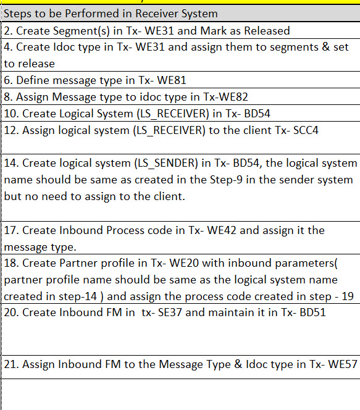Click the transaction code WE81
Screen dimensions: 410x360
(172, 80)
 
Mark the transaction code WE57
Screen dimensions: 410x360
(342, 364)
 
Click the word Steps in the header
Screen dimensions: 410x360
(19, 13)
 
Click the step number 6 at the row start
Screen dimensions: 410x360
(7, 80)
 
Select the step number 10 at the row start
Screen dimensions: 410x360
(10, 113)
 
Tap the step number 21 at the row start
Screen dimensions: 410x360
(10, 364)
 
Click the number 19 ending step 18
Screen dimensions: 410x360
(347, 296)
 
